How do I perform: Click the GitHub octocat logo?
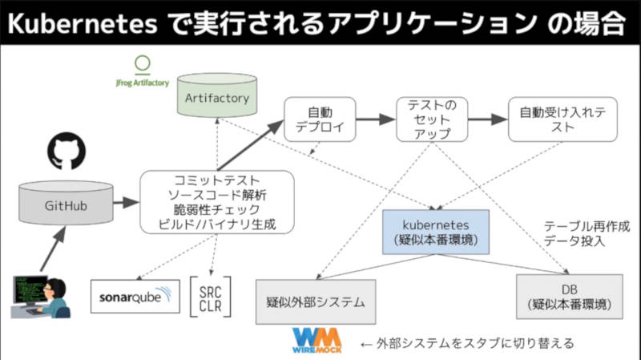coord(67,151)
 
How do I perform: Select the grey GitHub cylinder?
coord(66,203)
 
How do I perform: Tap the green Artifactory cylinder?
coord(217,95)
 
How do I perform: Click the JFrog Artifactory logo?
coord(143,71)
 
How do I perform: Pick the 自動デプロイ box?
coord(320,119)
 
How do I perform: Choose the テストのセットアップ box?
coord(432,119)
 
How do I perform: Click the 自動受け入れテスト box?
coord(562,119)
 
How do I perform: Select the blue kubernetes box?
coord(436,232)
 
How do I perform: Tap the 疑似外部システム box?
coord(316,302)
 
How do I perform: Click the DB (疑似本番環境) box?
coord(570,297)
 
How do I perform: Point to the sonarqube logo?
coord(135,297)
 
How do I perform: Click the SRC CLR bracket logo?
coord(211,297)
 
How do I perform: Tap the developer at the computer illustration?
coord(40,297)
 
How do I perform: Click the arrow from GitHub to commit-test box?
coord(127,202)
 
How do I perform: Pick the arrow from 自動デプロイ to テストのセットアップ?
coord(376,119)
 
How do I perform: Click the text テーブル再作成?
coord(587,226)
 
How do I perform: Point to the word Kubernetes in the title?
coord(83,23)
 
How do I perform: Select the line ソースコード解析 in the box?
coord(217,195)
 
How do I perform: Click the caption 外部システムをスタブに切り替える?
coord(475,343)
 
